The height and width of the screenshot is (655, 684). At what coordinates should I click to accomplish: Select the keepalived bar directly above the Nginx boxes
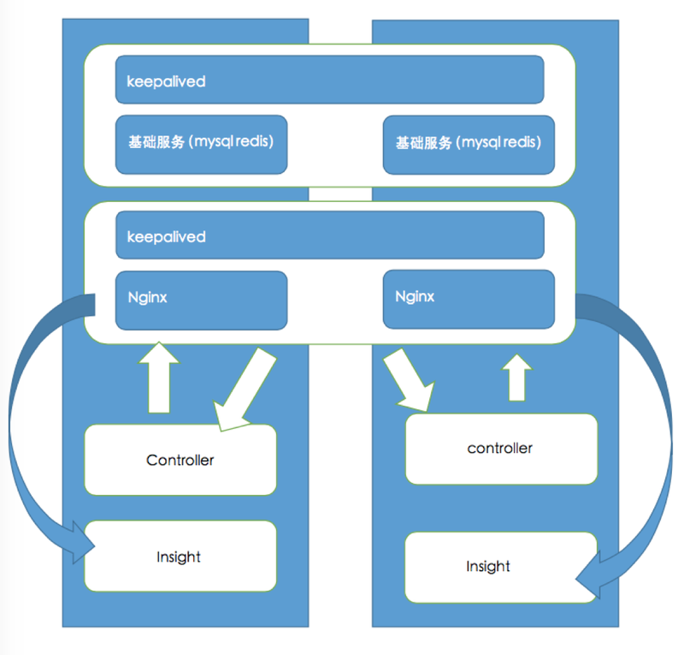coord(329,235)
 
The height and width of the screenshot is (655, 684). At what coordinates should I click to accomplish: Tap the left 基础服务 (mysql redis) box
coord(201,144)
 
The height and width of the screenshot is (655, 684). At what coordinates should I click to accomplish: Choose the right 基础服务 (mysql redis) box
coord(469,144)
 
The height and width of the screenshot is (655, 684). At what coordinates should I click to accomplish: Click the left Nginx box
coord(201,300)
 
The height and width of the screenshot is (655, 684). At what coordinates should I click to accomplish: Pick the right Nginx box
coord(469,300)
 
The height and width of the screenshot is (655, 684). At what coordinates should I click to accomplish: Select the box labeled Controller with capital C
coord(180,460)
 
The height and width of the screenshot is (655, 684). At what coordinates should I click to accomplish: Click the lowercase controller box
coord(500,449)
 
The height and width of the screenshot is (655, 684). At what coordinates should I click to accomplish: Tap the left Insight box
coord(180,557)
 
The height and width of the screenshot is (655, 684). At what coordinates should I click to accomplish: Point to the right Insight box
coord(500,567)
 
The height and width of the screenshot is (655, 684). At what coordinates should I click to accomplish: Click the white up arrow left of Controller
coord(159,377)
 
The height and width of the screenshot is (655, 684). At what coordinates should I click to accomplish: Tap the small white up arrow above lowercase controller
coord(516,377)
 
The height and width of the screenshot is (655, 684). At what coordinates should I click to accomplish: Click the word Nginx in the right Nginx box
coord(415,296)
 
